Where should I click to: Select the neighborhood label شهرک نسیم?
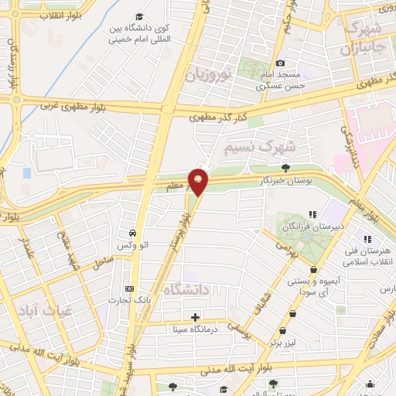coord(260,145)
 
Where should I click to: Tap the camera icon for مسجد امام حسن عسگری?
coord(280,63)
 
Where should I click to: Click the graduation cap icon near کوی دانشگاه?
coord(139,17)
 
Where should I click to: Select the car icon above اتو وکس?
coord(132,233)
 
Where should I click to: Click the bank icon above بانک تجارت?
coord(130,289)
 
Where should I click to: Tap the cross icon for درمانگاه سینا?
coord(195,317)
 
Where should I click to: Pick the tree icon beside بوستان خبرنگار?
coord(285,166)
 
